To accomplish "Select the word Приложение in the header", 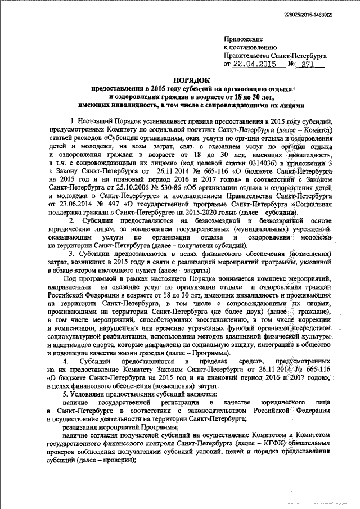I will [x=243, y=39].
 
